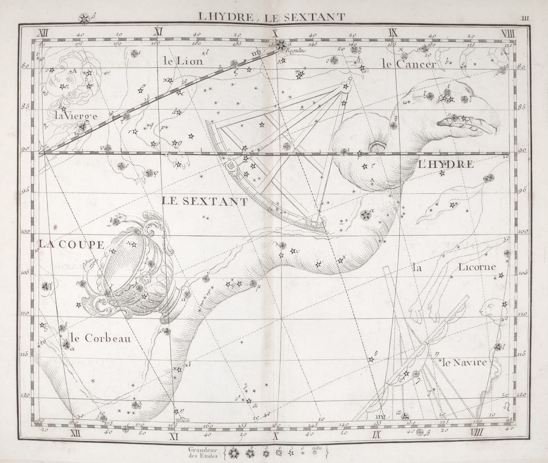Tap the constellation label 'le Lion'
(183, 61)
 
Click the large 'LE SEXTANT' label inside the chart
(205, 201)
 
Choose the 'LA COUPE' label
(72, 244)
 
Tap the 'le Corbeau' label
(100, 338)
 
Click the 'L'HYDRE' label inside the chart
(446, 164)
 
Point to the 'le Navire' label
(464, 363)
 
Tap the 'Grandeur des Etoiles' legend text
(203, 452)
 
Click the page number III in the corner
(525, 18)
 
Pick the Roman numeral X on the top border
(276, 33)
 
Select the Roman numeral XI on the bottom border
(174, 435)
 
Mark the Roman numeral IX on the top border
(392, 33)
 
